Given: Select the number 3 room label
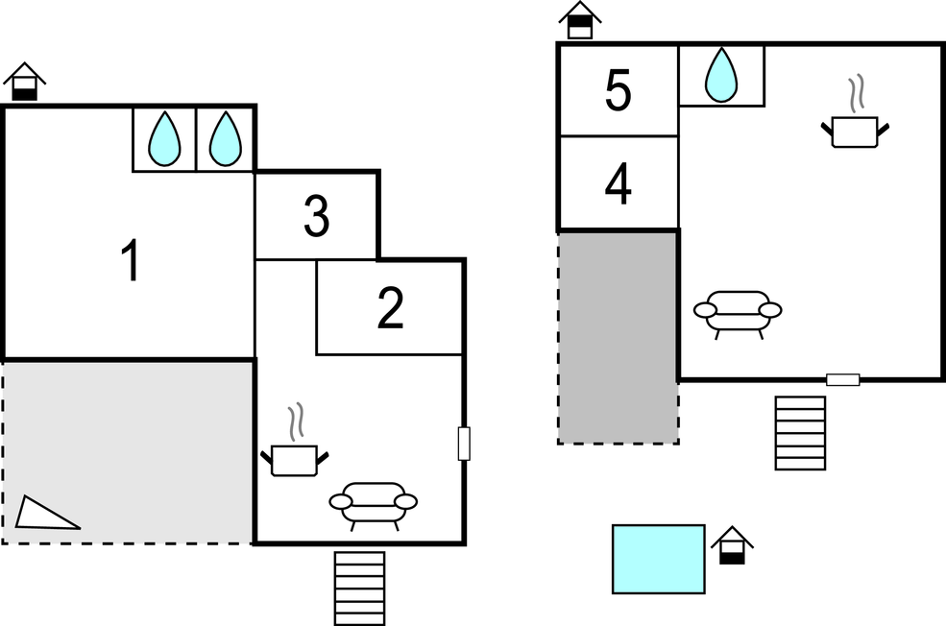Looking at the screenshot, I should click(316, 217).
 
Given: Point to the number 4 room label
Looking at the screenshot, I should click(619, 185).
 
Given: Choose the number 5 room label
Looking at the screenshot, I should click(619, 92).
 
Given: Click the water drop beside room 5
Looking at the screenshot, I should click(721, 75).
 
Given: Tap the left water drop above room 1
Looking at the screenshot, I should click(164, 139).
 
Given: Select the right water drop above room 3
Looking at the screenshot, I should click(225, 139).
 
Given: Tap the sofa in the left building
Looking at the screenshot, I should click(374, 503).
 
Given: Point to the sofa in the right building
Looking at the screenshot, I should click(738, 311).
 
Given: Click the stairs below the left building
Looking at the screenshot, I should click(359, 588).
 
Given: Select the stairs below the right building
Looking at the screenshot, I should click(800, 433).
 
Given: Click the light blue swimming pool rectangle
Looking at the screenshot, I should click(659, 559).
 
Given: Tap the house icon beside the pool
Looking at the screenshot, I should click(732, 545).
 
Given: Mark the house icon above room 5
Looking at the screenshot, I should click(579, 20).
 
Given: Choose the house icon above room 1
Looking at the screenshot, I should click(25, 83).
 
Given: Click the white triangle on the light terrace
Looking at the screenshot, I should click(43, 514).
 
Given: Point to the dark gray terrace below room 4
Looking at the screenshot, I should click(618, 336).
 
